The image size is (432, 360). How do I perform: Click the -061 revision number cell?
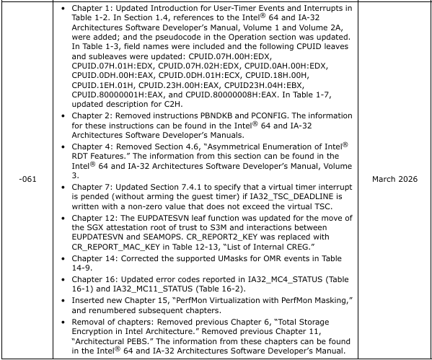click(x=29, y=180)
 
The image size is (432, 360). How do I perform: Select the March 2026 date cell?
click(x=396, y=180)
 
